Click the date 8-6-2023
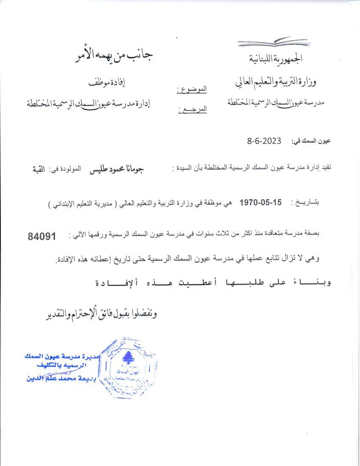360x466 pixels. [x=264, y=141]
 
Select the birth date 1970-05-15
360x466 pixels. [x=260, y=202]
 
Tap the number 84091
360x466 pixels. [x=42, y=236]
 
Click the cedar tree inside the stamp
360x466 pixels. [x=126, y=358]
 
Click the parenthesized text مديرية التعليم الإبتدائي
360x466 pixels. [x=84, y=203]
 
